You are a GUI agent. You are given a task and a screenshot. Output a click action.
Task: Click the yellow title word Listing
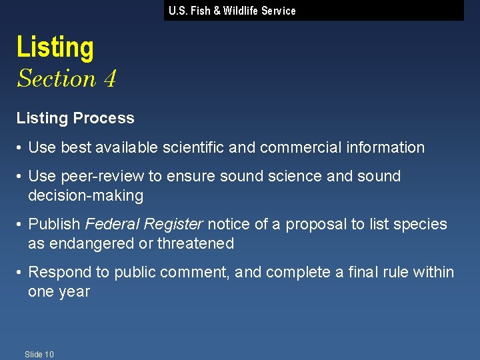pyautogui.click(x=55, y=48)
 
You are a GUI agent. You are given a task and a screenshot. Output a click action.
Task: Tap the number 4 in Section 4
pyautogui.click(x=110, y=79)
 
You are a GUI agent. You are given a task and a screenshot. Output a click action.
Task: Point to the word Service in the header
pyautogui.click(x=279, y=11)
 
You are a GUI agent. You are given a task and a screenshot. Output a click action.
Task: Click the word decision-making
pyautogui.click(x=85, y=195)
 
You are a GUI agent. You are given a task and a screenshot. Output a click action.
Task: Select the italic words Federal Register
pyautogui.click(x=143, y=224)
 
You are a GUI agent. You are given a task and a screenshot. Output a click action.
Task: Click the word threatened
pyautogui.click(x=196, y=243)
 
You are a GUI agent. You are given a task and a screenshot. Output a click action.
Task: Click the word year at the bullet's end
pyautogui.click(x=74, y=291)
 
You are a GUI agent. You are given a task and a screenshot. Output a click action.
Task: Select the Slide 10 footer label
pyautogui.click(x=39, y=354)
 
